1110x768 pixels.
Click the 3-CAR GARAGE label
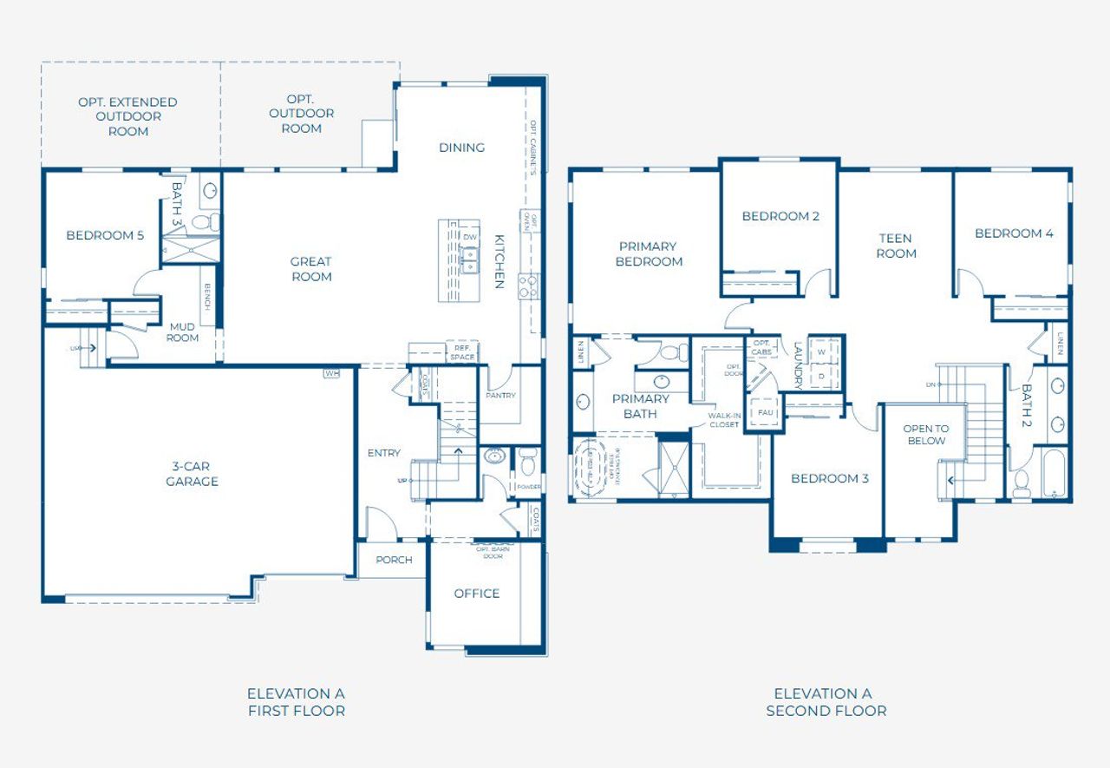192,474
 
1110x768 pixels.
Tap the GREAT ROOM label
311,269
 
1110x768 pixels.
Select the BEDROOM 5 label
105,235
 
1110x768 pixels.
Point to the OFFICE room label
476,594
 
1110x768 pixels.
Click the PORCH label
394,560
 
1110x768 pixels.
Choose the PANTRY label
500,396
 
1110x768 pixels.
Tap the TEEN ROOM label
896,246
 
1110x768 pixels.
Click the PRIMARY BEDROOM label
649,253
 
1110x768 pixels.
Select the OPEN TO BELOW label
925,435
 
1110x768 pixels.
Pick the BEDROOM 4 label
1014,233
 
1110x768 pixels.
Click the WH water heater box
331,373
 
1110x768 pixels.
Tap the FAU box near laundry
766,413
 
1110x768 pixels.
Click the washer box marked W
821,352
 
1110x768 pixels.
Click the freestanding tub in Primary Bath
594,468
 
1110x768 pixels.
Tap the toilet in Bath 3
202,222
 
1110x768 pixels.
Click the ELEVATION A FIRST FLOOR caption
296,702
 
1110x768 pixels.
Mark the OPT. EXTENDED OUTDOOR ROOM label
127,116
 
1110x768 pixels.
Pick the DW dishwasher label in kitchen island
470,237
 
